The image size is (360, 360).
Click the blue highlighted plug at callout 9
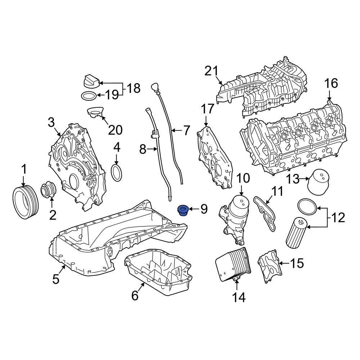(184, 210)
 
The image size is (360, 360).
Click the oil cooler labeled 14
(231, 265)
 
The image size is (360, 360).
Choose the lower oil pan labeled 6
(158, 272)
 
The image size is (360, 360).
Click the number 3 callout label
(51, 123)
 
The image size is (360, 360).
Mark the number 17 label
(208, 109)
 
